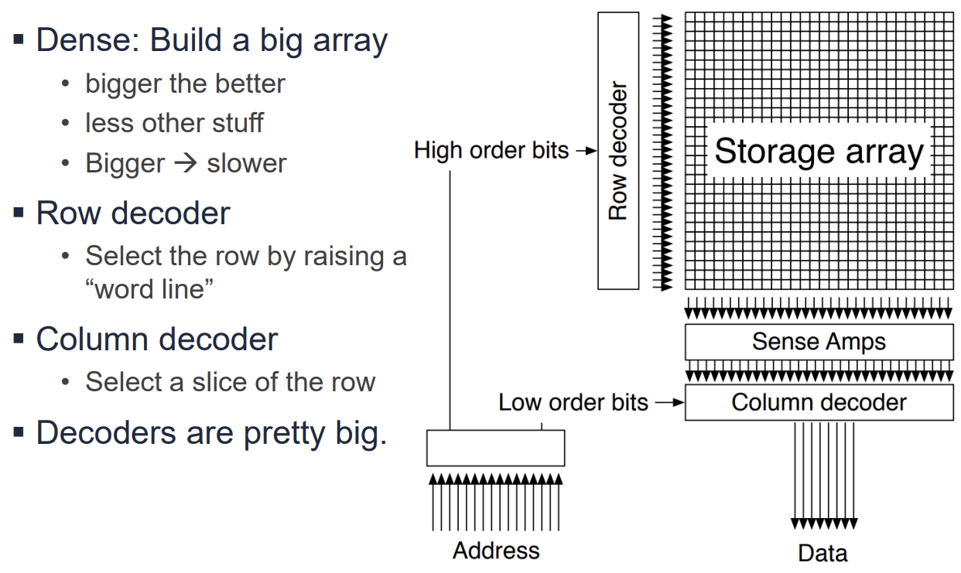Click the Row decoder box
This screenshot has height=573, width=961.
coord(618,151)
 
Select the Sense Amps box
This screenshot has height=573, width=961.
coord(819,342)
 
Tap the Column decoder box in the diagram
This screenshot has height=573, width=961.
coord(819,402)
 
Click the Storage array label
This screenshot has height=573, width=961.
coord(819,152)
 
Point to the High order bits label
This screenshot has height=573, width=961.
coord(491,150)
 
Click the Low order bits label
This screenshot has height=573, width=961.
coord(573,402)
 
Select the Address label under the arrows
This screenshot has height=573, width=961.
coord(496,551)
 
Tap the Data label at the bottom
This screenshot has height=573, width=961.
coord(822,553)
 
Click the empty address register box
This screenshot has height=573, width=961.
coord(495,448)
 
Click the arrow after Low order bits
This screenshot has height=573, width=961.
coord(669,402)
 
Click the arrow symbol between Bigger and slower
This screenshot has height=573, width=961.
coord(184,164)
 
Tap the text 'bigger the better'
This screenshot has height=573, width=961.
coord(185,84)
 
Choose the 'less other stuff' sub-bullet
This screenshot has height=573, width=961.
coord(174,123)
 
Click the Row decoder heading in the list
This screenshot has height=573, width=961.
coord(133,213)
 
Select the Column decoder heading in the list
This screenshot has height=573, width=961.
coord(156,339)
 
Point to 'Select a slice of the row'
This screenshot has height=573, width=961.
coord(230,381)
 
